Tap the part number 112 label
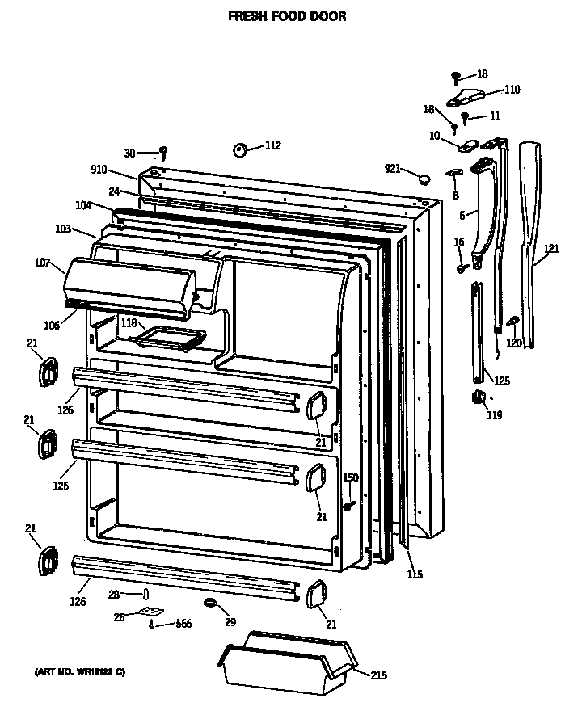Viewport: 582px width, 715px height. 272,145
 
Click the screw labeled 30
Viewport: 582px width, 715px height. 163,151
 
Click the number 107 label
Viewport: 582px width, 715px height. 43,263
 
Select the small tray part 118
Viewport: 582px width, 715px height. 171,338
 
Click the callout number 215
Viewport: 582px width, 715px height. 378,676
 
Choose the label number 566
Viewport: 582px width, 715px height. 183,625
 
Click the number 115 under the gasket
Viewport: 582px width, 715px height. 414,574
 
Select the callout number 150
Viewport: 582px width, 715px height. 349,478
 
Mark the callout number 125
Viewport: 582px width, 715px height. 502,380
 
